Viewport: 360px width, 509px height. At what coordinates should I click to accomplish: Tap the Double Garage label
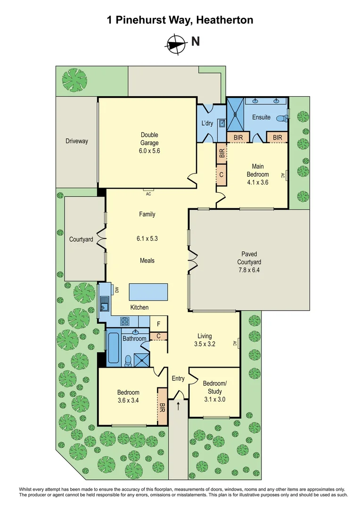[149, 139]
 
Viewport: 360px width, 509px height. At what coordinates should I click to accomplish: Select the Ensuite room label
[261, 117]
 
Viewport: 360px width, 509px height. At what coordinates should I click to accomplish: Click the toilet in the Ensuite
[281, 118]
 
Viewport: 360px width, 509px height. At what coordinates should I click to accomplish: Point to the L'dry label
[207, 123]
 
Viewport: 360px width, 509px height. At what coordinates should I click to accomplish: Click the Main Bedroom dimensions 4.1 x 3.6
[257, 182]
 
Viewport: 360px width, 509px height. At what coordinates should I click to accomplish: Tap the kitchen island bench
[148, 288]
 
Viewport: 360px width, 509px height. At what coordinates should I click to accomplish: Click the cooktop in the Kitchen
[126, 322]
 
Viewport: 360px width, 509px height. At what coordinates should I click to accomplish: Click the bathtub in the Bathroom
[114, 348]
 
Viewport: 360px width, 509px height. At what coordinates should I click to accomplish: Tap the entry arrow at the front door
[178, 405]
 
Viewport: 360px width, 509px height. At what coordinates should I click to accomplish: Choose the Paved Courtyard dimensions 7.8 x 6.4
[249, 271]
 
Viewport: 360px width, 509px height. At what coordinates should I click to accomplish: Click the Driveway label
[76, 141]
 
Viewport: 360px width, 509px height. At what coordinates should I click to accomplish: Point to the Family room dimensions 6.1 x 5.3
[147, 238]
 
